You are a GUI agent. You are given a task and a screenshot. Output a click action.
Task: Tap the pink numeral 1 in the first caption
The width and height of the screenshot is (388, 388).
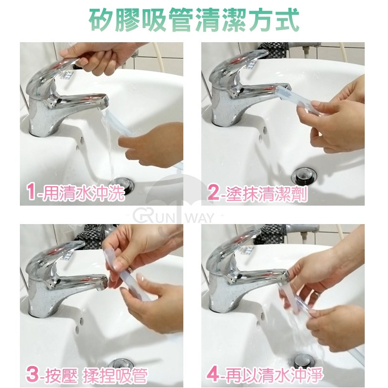coord(31,192)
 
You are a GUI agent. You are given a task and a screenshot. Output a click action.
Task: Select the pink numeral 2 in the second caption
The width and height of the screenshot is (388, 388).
coord(213,193)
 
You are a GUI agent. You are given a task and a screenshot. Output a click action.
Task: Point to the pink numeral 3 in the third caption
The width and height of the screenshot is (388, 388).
coord(32,374)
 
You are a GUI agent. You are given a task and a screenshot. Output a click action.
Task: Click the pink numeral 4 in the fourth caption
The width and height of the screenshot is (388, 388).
coord(213,374)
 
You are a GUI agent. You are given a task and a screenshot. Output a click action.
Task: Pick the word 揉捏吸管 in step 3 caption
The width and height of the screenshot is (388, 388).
coord(115,375)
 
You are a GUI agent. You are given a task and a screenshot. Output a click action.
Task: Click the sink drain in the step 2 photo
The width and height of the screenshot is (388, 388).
coord(304,176)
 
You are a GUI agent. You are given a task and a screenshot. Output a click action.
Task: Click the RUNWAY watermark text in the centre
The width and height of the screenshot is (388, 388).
coord(174,217)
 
